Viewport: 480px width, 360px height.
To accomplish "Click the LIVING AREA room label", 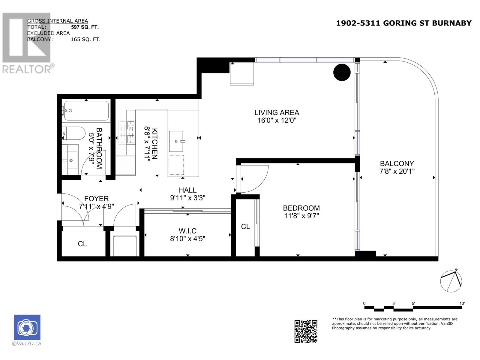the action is (276, 112).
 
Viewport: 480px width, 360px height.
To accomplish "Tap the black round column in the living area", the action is (342, 72).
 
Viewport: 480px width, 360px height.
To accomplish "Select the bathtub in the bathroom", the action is (86, 111).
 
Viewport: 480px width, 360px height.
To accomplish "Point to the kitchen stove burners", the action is (127, 132).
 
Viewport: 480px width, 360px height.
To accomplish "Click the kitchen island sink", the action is (176, 141).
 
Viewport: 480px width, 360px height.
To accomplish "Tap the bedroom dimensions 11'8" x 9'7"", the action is (301, 216).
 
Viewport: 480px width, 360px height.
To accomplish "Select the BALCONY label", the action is (397, 163).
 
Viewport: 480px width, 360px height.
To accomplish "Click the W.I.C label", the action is (187, 231).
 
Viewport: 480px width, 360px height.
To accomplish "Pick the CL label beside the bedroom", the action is (245, 226).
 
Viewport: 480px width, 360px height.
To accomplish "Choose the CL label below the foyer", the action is (82, 244).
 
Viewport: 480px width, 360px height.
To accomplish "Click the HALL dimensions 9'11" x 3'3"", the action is (187, 198).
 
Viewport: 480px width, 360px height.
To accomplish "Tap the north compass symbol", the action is (451, 281).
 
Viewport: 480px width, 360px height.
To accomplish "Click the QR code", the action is (306, 331).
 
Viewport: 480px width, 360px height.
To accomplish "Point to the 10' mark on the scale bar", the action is (462, 303).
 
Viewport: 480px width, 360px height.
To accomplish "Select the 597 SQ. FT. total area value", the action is (85, 27).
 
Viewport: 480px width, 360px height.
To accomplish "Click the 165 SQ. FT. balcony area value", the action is (85, 40).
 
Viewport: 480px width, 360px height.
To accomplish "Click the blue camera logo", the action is (27, 327).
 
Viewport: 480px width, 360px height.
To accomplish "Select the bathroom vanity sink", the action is (71, 160).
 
